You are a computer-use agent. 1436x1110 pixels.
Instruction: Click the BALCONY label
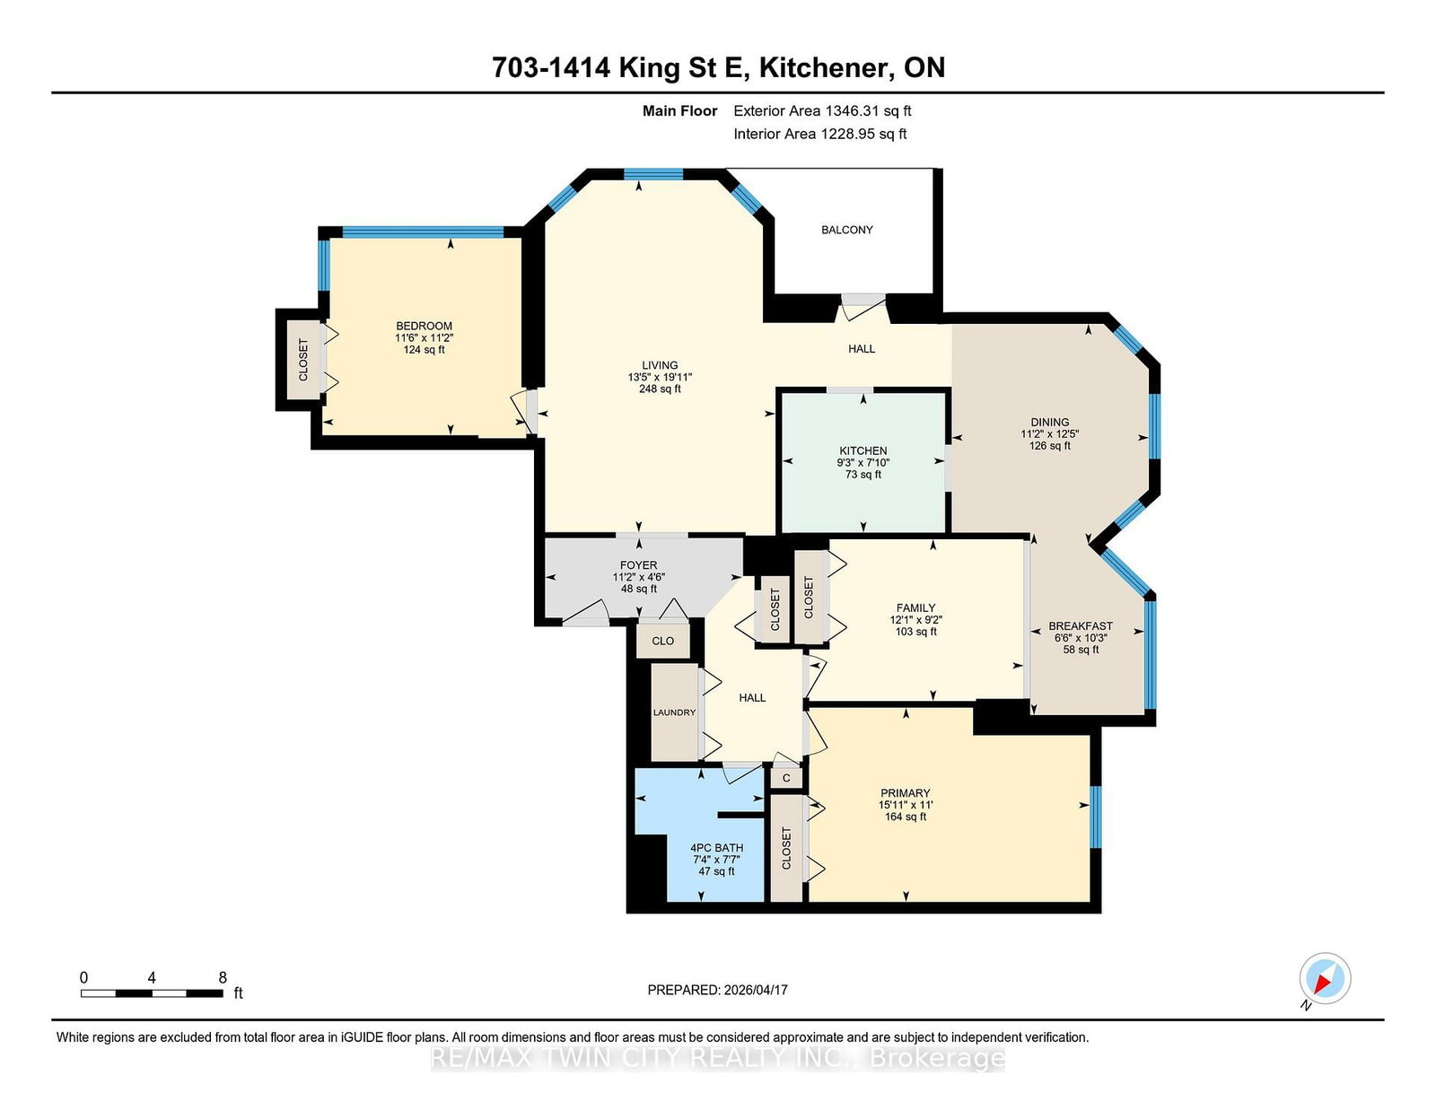[846, 230]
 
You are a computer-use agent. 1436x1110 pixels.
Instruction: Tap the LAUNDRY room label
[674, 712]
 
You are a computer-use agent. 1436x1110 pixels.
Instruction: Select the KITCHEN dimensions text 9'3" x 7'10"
[863, 462]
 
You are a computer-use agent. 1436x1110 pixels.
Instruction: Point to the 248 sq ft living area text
[660, 389]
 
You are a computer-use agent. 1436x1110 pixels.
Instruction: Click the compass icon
[1325, 978]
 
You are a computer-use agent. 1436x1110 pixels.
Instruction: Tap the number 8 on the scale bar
[223, 978]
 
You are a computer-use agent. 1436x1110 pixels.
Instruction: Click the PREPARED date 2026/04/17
[756, 990]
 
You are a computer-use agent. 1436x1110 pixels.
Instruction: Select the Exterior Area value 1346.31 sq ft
[868, 111]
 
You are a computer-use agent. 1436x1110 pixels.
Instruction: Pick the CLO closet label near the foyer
[663, 641]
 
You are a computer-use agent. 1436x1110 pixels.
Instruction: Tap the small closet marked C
[786, 778]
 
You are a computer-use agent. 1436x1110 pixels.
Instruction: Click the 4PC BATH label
[716, 848]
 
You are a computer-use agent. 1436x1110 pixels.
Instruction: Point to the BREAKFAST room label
[1081, 625]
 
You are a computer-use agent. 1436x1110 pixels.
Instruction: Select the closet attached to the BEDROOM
[303, 360]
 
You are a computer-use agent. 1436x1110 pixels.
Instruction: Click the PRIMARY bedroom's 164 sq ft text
[906, 817]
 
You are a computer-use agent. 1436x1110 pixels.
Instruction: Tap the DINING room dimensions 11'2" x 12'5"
[1049, 434]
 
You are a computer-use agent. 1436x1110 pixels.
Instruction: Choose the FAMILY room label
[915, 607]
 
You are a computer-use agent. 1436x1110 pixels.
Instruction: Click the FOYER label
[638, 565]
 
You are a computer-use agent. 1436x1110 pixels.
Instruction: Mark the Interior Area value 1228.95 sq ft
[863, 134]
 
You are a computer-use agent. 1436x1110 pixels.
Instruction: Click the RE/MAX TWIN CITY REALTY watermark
[717, 1058]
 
